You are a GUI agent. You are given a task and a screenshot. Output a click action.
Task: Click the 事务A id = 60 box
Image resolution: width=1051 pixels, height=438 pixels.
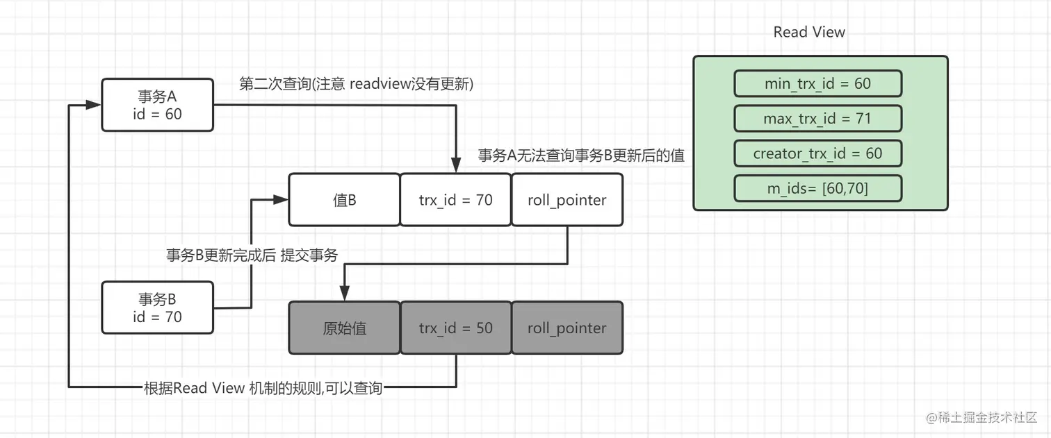pos(157,105)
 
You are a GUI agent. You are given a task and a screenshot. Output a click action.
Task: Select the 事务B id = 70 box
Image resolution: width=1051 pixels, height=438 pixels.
pos(157,308)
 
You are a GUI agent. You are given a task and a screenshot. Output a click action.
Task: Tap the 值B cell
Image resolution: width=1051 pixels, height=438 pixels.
pos(344,200)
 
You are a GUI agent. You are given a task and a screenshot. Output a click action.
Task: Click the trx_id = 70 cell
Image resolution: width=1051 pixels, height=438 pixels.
pos(455,200)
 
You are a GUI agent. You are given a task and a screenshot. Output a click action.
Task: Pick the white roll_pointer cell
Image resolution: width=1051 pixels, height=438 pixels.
pos(567,200)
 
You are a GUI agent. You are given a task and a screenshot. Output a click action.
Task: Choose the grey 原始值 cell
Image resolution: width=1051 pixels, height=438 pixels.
pos(344,328)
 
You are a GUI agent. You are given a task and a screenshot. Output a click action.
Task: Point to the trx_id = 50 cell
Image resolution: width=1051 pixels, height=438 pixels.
pos(455,328)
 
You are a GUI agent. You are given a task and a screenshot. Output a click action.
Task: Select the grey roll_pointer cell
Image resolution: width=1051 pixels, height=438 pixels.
pos(567,328)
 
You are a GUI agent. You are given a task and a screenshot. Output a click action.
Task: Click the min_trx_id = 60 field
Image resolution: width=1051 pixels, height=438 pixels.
pos(817,84)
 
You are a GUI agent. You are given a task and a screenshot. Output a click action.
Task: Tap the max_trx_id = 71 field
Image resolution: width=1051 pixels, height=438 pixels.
pos(817,119)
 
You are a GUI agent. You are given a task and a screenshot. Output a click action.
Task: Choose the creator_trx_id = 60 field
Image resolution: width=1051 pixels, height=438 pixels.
pos(817,153)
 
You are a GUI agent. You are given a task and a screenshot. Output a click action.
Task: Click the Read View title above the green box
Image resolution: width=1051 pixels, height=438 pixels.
pos(809,32)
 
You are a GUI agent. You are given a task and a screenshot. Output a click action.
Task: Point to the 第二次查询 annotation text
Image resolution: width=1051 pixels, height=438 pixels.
pos(356,84)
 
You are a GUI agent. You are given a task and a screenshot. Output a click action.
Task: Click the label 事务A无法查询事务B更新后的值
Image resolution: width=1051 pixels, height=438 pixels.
pos(581,155)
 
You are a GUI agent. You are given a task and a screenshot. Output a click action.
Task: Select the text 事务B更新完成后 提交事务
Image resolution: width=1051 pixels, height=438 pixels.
pos(252,255)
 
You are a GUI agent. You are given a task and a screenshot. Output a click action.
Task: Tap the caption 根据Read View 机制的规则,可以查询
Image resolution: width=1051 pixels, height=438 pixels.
pos(263,388)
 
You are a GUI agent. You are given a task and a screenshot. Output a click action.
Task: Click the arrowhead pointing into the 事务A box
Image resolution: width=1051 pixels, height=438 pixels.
pos(95,106)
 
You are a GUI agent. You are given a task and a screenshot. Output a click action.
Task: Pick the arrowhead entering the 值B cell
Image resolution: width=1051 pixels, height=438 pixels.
pos(282,200)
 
